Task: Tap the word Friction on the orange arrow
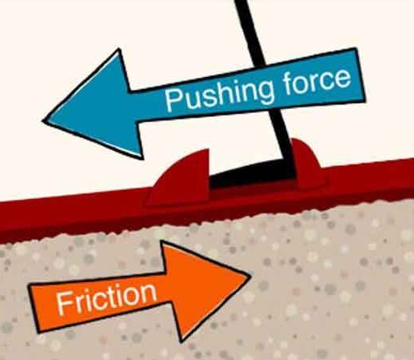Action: click(107, 298)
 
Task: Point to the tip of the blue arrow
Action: click(43, 121)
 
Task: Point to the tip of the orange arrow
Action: click(250, 275)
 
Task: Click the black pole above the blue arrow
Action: click(250, 30)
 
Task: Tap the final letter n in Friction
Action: click(148, 292)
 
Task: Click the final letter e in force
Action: click(343, 78)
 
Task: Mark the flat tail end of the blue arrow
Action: click(360, 74)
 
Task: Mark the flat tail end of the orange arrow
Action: click(34, 308)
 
